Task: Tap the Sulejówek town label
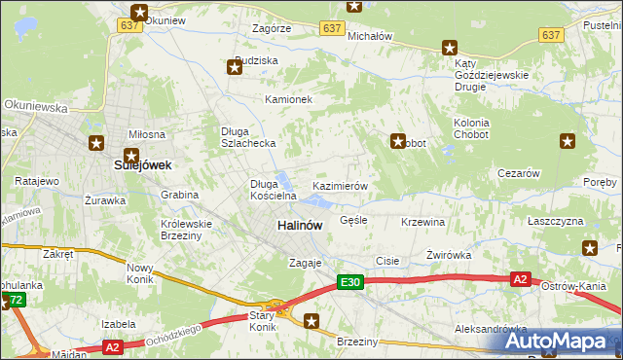(142, 165)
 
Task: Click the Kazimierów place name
(339, 185)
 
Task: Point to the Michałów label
(370, 36)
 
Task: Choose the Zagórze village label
(272, 29)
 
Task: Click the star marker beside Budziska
(235, 67)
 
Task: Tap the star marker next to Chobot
(397, 141)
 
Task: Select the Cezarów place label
(518, 173)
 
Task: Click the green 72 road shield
(15, 302)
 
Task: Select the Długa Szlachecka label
(249, 137)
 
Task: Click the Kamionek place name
(288, 99)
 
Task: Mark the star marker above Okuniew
(140, 13)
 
